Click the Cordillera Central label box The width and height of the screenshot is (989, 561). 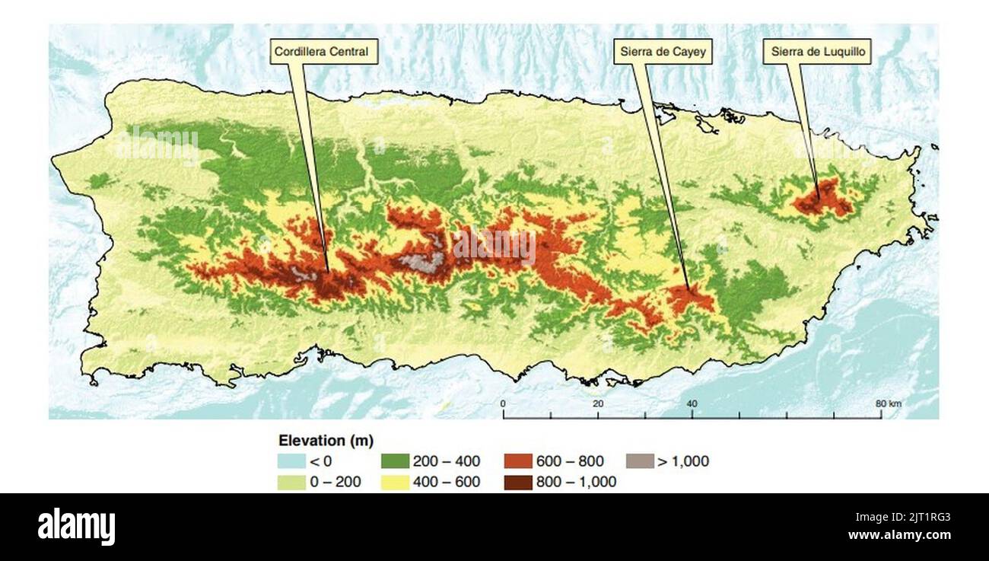click(321, 52)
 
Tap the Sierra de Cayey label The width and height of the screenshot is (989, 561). click(662, 52)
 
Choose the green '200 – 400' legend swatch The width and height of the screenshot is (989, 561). click(395, 461)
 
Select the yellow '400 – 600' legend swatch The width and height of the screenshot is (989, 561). click(395, 482)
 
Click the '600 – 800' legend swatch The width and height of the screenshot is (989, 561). click(518, 461)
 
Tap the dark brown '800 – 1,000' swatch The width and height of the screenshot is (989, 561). click(518, 482)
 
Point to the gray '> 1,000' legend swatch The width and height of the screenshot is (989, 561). click(640, 461)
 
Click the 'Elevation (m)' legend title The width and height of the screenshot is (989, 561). click(326, 441)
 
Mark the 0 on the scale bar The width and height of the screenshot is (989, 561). click(503, 403)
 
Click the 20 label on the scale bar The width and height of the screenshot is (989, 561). click(598, 403)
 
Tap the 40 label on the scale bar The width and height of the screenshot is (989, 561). click(692, 403)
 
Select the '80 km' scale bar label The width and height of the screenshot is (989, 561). click(887, 403)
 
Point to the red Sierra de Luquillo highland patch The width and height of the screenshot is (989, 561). click(823, 199)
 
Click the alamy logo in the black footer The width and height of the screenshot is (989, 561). click(76, 527)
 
